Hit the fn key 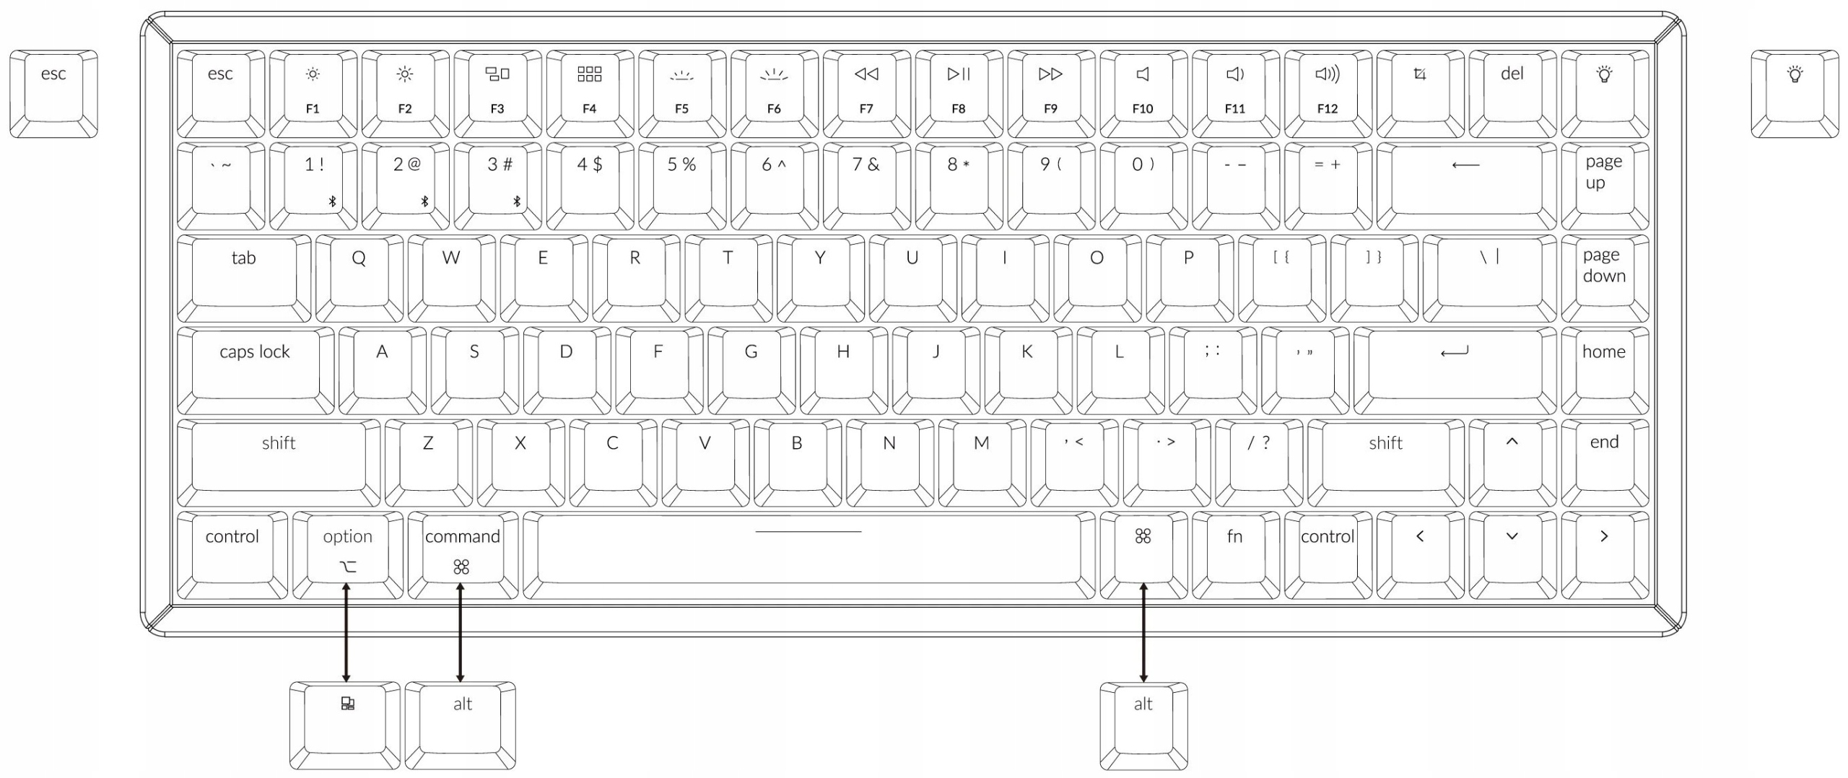1234,554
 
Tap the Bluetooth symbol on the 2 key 424,201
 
